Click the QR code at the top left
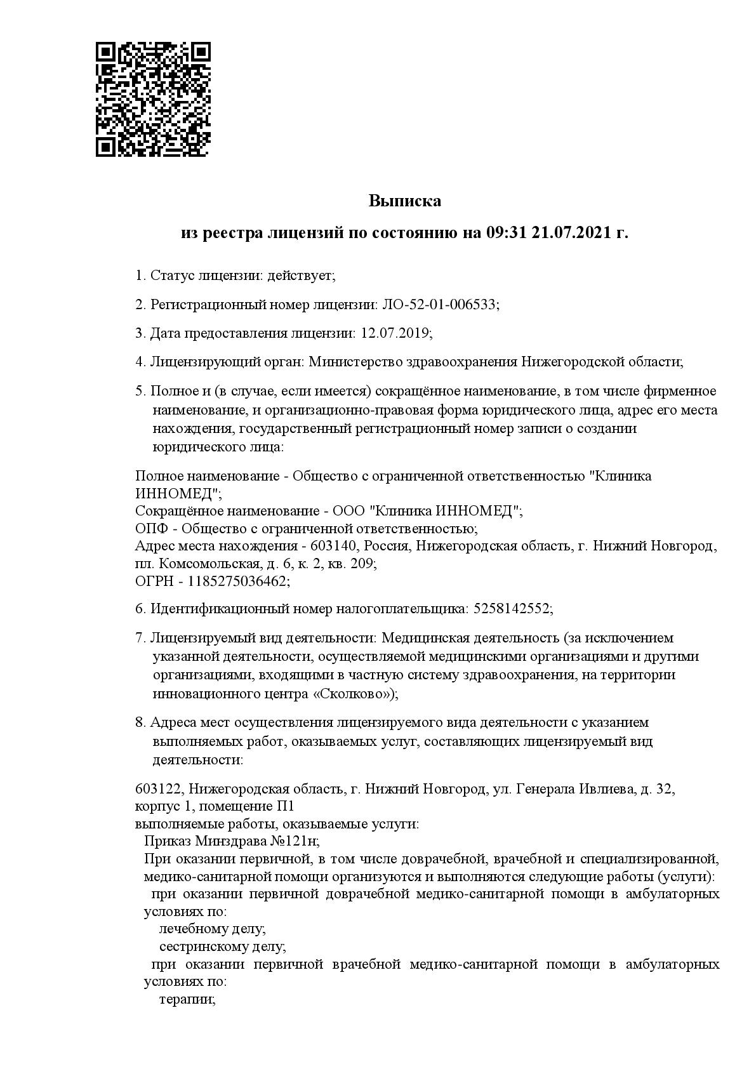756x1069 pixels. (153, 100)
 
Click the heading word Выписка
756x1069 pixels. (405, 202)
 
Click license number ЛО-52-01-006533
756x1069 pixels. (439, 305)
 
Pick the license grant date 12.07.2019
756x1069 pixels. (395, 333)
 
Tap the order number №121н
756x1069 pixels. (295, 841)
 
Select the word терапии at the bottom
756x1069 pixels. (187, 999)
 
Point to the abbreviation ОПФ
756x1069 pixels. (150, 529)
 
